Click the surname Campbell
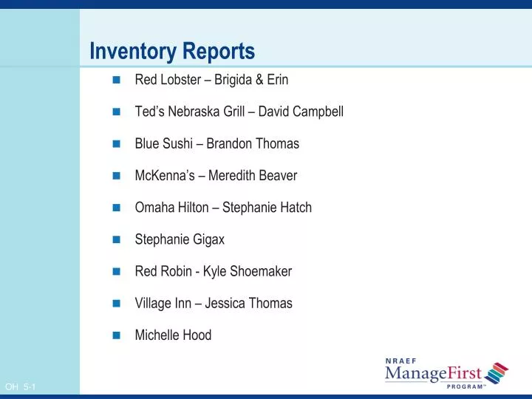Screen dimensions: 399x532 [318, 112]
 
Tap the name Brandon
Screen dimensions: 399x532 [230, 143]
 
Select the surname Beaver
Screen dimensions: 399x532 [278, 176]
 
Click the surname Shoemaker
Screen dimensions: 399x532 [261, 271]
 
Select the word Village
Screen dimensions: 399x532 [151, 303]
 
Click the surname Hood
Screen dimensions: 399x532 [197, 335]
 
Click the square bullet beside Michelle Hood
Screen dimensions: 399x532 [116, 335]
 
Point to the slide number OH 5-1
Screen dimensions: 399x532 [21, 387]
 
